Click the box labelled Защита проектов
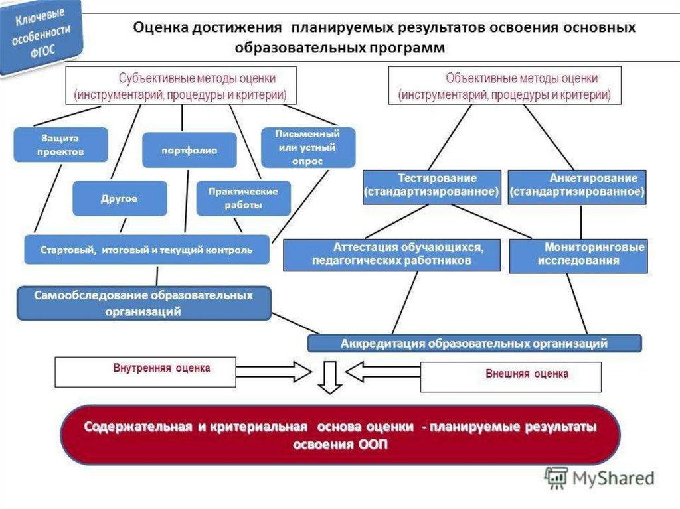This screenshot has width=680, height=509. pyautogui.click(x=60, y=145)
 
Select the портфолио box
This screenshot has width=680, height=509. pyautogui.click(x=189, y=150)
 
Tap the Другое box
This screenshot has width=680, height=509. pyautogui.click(x=120, y=198)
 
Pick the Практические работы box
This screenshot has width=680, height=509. pyautogui.click(x=243, y=198)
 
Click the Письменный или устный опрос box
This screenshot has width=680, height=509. pyautogui.click(x=308, y=147)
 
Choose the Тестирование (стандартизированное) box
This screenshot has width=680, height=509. pyautogui.click(x=432, y=187)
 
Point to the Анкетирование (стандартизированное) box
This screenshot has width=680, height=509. pyautogui.click(x=577, y=187)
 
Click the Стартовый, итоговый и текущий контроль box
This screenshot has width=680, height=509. pyautogui.click(x=147, y=250)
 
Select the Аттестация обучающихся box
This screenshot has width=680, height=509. pyautogui.click(x=392, y=255)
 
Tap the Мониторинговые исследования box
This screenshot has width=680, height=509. pyautogui.click(x=578, y=255)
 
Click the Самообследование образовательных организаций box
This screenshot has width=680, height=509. pyautogui.click(x=144, y=303)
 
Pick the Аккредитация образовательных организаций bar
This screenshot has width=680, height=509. pyautogui.click(x=474, y=343)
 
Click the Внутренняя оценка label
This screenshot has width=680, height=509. pyautogui.click(x=162, y=368)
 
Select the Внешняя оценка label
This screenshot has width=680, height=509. pyautogui.click(x=527, y=374)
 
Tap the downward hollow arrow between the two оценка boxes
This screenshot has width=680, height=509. pyautogui.click(x=330, y=377)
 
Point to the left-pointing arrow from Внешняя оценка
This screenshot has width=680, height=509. pyautogui.click(x=383, y=372)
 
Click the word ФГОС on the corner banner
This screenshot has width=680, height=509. pyautogui.click(x=43, y=50)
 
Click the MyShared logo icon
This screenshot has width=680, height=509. pyautogui.click(x=556, y=478)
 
